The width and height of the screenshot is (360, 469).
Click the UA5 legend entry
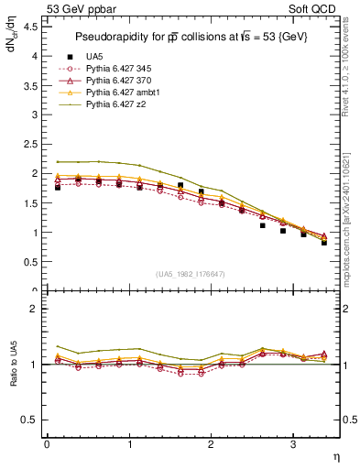click(x=95, y=57)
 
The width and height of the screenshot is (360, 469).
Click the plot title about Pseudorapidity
click(x=192, y=37)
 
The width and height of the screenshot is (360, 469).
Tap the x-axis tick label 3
click(x=293, y=445)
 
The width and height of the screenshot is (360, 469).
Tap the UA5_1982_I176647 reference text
click(x=192, y=274)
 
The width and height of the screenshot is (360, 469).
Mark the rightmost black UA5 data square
click(x=324, y=243)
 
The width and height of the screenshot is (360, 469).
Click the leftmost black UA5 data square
click(x=58, y=187)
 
